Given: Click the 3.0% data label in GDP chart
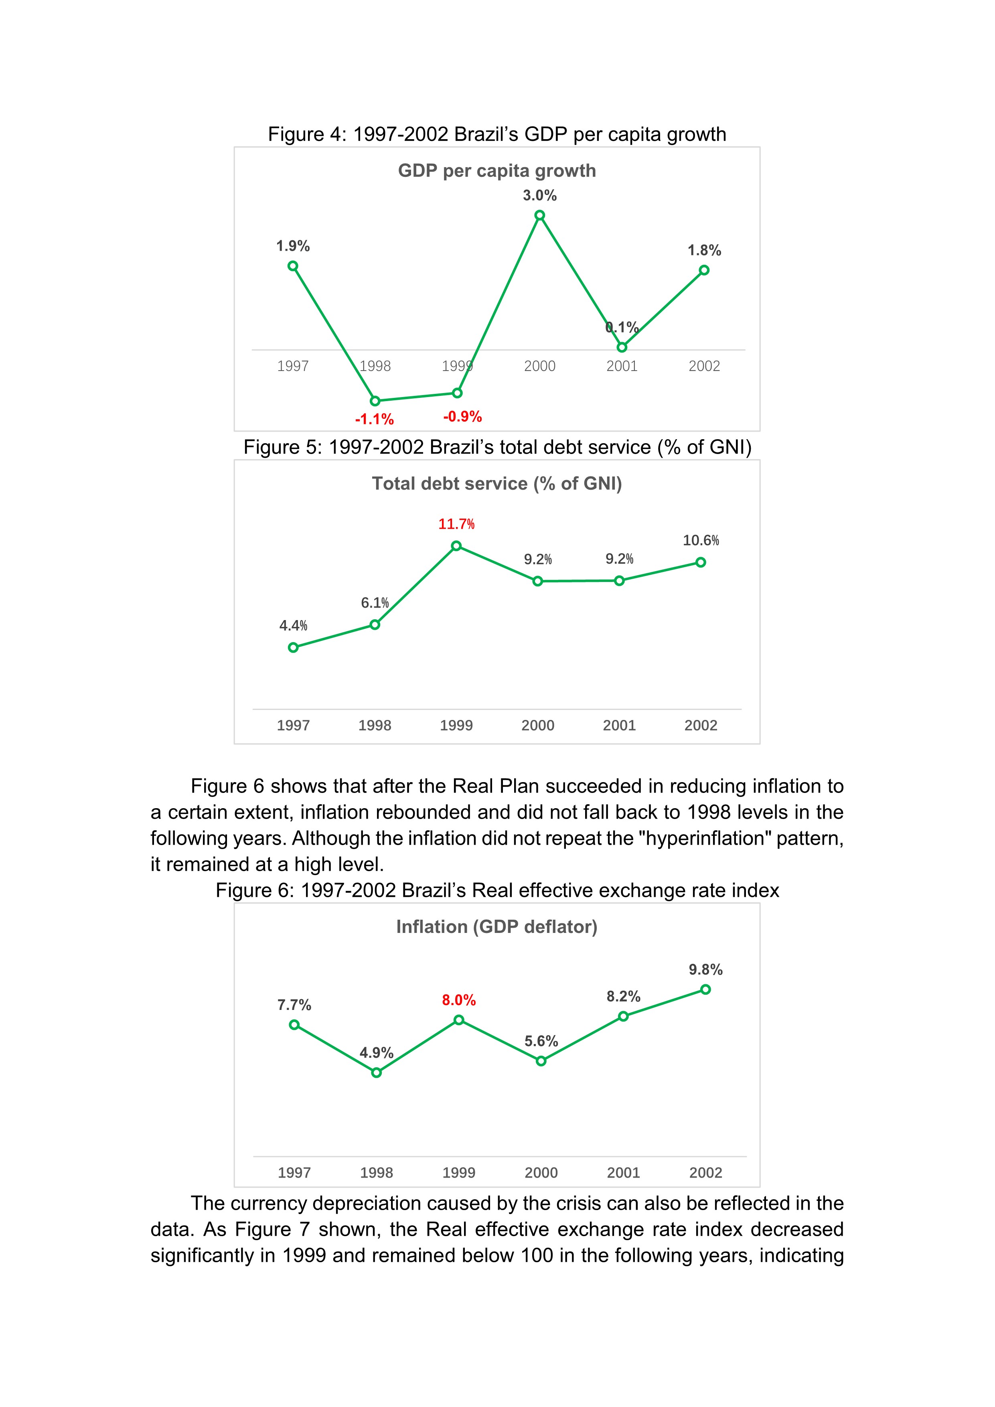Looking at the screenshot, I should (539, 195).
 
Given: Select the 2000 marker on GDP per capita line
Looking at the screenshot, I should (539, 215).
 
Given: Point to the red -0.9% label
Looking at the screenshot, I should (462, 417).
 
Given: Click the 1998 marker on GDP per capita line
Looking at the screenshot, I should (375, 401).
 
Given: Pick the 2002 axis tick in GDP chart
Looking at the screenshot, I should (704, 367).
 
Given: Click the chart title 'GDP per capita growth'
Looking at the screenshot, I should (497, 170).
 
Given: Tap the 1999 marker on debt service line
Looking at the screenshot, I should (456, 546).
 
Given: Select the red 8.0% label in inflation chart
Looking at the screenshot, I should (459, 1000).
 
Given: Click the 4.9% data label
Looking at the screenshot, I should (376, 1053).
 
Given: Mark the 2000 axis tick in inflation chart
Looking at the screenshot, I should (541, 1173).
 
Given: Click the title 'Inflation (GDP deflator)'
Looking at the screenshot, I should (497, 927).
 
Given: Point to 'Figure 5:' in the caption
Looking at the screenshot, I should (282, 447).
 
